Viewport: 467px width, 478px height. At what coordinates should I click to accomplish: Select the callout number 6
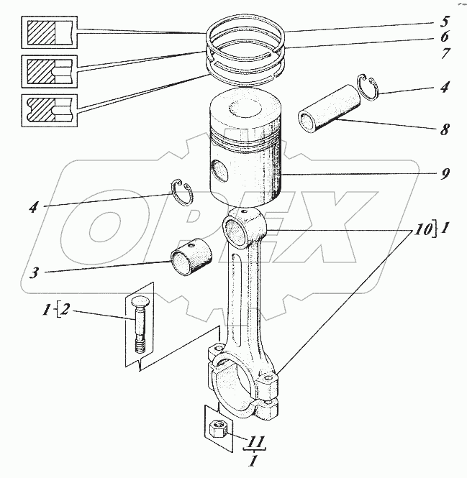tap(444, 37)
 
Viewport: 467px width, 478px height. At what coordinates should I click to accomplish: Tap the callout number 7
tap(445, 53)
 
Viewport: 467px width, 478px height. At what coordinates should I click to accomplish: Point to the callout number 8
tap(445, 129)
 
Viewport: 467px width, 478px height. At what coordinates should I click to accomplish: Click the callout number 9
tap(445, 174)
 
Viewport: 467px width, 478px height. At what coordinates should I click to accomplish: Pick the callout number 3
tap(35, 272)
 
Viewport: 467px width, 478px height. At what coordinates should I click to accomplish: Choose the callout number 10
tap(423, 230)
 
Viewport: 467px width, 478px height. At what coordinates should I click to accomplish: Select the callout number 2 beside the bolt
tap(65, 309)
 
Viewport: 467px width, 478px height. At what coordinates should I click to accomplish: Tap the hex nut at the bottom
tap(217, 428)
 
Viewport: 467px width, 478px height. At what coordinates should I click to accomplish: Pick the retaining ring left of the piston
tap(181, 193)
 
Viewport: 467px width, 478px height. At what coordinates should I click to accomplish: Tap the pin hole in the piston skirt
tap(219, 172)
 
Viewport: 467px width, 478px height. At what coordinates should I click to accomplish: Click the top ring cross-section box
tap(49, 32)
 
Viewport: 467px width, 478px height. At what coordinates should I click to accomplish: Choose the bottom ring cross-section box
tap(49, 111)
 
